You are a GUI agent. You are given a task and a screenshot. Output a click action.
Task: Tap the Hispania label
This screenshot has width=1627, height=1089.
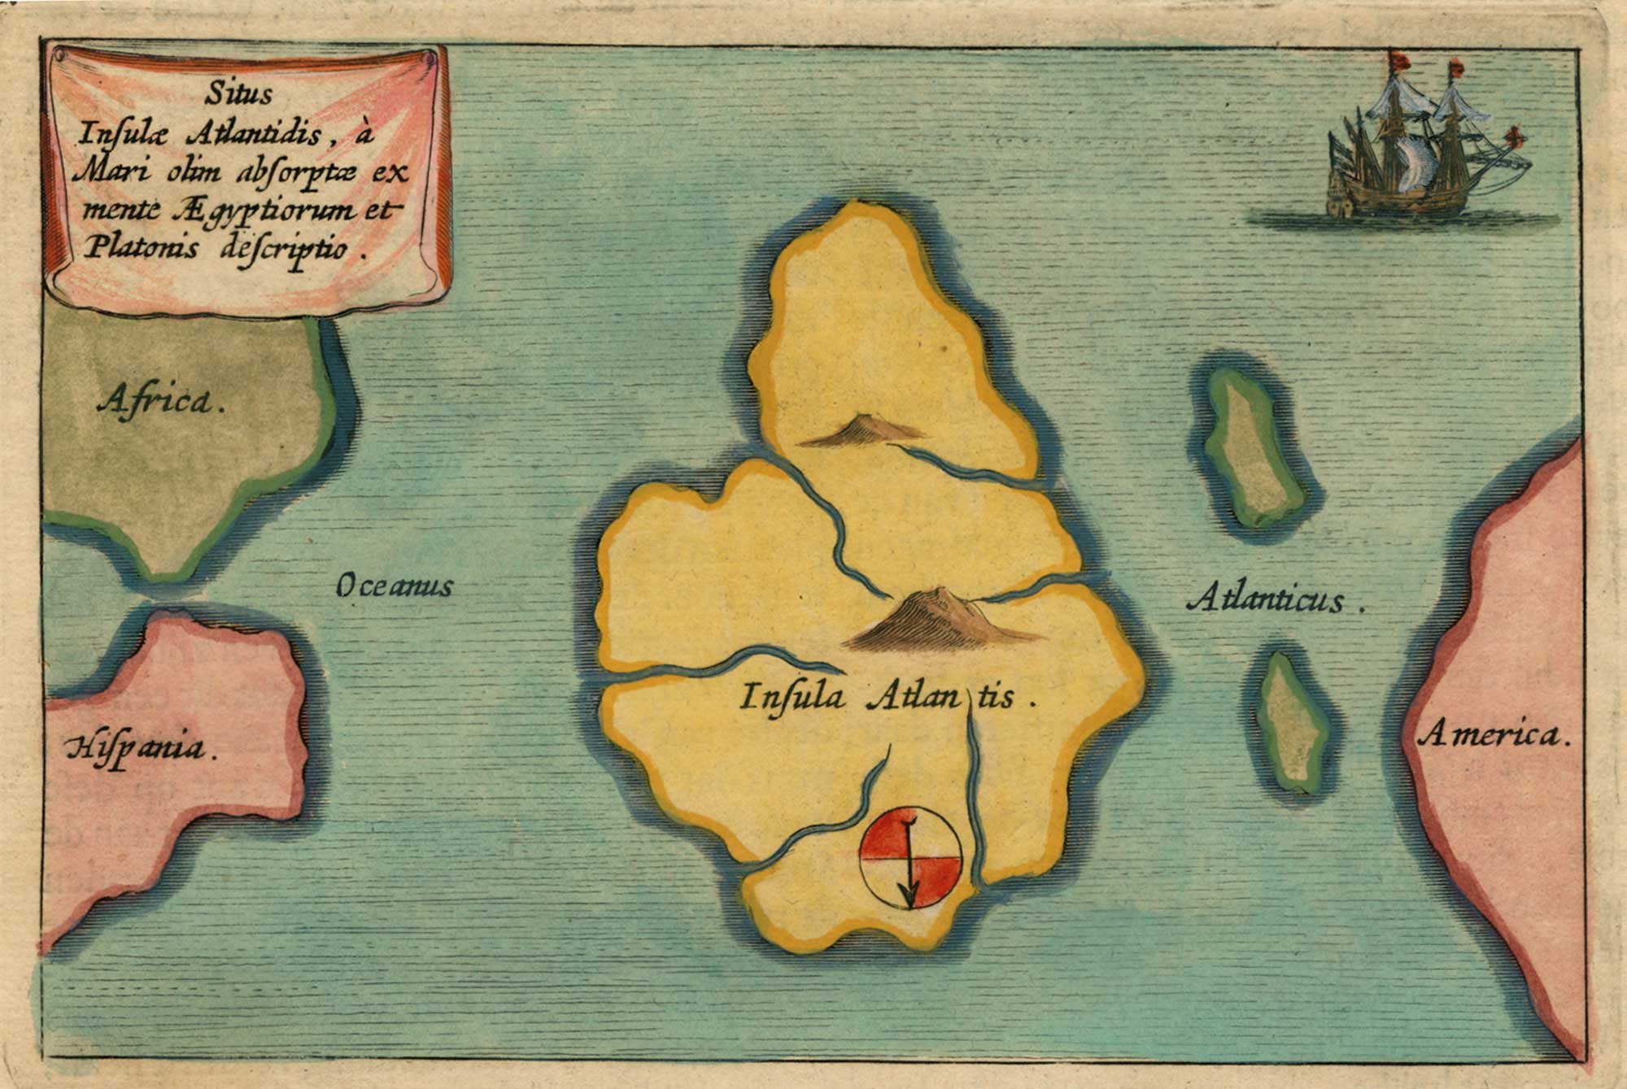point(140,747)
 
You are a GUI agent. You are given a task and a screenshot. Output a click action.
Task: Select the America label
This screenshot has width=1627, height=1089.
point(1493,736)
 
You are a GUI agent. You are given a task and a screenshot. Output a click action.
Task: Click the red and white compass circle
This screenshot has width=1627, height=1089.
point(911,859)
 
